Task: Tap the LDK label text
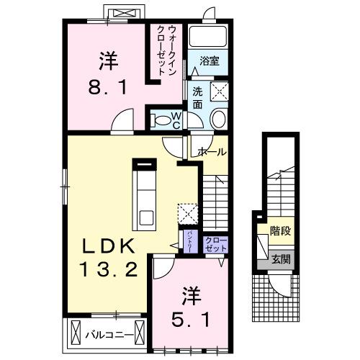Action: [x=109, y=245]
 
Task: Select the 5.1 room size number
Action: [x=190, y=317]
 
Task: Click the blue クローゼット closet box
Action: [x=215, y=243]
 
